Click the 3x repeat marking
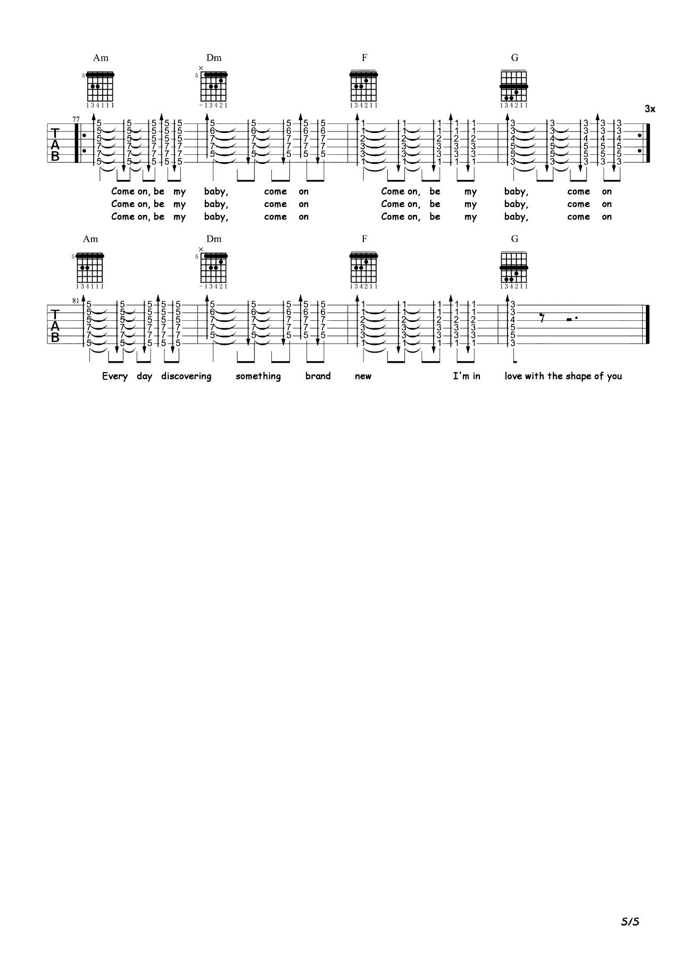(x=650, y=109)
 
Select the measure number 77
(x=76, y=119)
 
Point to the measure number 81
(x=76, y=300)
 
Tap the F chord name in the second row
(x=364, y=239)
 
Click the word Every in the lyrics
(x=115, y=376)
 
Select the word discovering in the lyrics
(x=186, y=376)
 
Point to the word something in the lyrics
(x=258, y=376)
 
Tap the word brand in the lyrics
(x=318, y=376)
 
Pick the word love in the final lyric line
(x=514, y=376)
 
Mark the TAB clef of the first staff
(x=55, y=144)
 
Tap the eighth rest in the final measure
(x=542, y=319)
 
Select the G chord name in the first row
(x=514, y=57)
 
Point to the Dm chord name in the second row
(x=214, y=239)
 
